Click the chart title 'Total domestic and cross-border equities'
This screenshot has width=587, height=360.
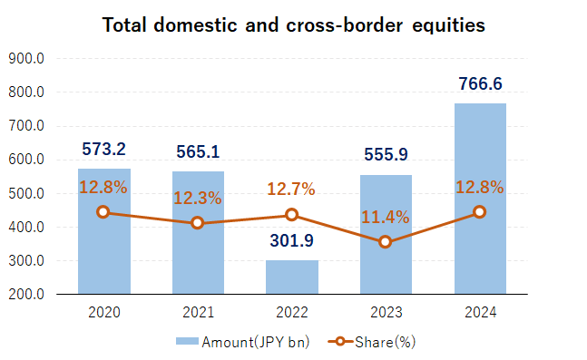point(293,24)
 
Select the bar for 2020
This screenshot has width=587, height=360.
point(103,231)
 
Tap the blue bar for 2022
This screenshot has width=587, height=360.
point(292,277)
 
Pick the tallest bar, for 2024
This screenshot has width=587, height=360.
point(480,199)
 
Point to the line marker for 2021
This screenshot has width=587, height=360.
point(198,223)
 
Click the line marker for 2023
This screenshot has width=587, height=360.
point(386,242)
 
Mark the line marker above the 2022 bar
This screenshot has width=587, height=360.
point(292,215)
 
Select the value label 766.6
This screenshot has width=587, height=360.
point(480,84)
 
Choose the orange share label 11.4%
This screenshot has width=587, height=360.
point(386,217)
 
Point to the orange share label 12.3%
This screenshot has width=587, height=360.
point(198,198)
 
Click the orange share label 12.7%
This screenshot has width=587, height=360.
point(292,190)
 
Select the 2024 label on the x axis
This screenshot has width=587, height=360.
point(480,313)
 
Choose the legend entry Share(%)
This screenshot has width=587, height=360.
point(372,342)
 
